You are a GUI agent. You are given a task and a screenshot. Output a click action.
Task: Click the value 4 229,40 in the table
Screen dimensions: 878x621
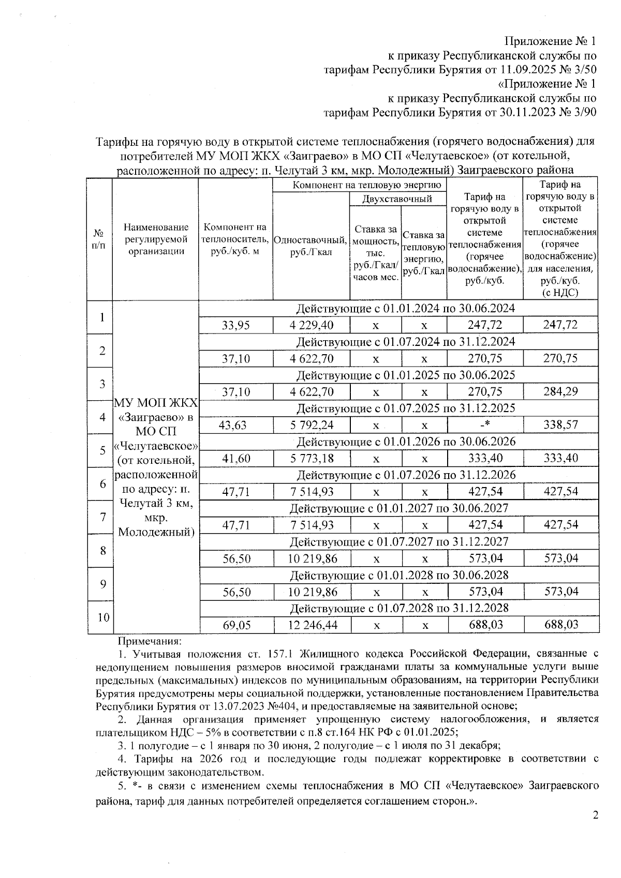[x=312, y=325]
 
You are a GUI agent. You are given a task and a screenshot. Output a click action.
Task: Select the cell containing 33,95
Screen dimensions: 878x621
[x=235, y=325]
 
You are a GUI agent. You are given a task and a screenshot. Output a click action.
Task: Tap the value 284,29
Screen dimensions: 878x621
[x=560, y=392]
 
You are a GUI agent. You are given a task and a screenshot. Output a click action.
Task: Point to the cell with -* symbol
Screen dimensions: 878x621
[x=485, y=425]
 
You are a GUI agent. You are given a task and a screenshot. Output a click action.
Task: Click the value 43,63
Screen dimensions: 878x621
[x=233, y=425]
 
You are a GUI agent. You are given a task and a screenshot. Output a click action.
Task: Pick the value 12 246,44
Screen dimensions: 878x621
[x=313, y=625]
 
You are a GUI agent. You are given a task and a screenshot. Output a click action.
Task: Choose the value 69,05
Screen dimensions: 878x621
[x=236, y=625]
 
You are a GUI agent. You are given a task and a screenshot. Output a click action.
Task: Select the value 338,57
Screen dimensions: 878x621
[x=560, y=425]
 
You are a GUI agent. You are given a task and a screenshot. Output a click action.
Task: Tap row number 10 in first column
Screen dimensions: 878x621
[x=103, y=617]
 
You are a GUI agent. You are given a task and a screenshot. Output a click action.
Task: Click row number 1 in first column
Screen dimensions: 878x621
[x=103, y=317]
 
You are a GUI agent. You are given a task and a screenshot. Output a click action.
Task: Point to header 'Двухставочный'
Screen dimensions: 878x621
[x=397, y=199]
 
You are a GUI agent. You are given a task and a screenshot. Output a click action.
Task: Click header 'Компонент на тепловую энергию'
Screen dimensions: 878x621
[x=359, y=185]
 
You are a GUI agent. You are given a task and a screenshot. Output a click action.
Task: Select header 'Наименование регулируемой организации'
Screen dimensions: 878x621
[x=156, y=239]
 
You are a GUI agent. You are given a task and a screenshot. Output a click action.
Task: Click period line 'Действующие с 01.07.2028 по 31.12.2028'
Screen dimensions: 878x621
[x=398, y=608]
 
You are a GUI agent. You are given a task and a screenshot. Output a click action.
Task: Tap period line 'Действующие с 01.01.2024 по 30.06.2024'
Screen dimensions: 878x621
[x=405, y=309]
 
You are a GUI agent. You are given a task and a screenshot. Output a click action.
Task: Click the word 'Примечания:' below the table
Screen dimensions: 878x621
[x=150, y=642]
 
